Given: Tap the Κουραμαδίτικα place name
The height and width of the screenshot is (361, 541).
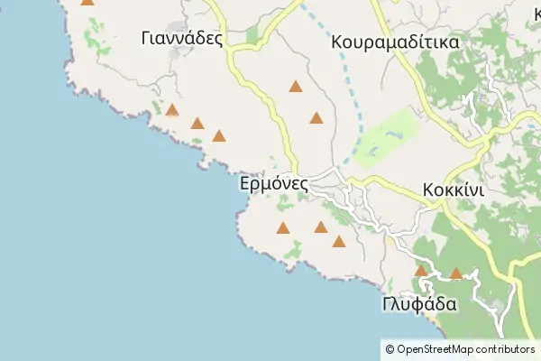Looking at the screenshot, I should click(x=395, y=42).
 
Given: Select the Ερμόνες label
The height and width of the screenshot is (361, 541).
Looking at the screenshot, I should click(x=275, y=183).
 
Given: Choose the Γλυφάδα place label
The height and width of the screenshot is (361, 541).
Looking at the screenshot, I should click(x=419, y=304).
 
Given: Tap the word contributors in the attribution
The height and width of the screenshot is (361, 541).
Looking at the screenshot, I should click(x=506, y=349).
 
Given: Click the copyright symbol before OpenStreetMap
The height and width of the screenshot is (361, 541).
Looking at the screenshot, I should click(x=389, y=349).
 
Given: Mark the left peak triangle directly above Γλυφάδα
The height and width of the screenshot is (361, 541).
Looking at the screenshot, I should click(x=420, y=270).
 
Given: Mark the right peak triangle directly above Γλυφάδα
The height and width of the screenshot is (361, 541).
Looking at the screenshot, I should click(x=456, y=273).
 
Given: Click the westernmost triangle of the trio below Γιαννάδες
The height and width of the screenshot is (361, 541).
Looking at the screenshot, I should click(x=171, y=110).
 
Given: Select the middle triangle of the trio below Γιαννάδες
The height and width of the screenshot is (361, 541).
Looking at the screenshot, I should click(x=197, y=124).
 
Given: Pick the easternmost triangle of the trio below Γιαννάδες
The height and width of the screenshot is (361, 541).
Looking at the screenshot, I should click(x=218, y=136).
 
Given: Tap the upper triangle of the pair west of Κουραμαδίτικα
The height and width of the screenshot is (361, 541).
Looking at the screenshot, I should click(x=295, y=87).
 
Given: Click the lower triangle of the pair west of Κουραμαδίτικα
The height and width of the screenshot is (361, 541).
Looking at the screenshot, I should click(x=316, y=117).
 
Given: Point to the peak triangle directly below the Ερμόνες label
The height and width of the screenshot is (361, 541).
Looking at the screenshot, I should click(x=283, y=227).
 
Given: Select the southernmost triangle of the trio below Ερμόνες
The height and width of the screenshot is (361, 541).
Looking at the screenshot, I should click(x=338, y=241).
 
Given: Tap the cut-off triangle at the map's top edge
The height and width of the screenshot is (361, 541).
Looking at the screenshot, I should click(x=87, y=2).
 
